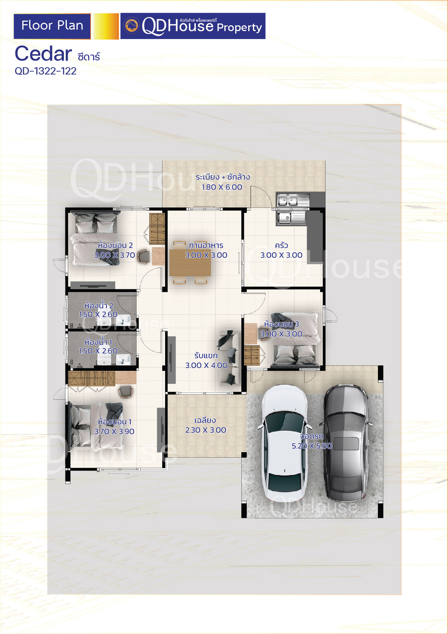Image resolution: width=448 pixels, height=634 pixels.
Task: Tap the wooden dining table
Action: point(190,262)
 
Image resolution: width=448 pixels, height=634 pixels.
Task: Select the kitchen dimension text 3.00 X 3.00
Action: point(281,255)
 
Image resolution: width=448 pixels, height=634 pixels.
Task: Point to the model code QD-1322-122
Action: point(46,71)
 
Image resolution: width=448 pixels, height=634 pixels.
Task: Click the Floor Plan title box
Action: point(52,26)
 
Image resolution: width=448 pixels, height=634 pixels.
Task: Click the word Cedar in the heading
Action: point(43,54)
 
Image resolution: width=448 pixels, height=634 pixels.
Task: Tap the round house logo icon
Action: point(131,26)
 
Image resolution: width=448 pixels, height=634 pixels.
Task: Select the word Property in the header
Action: point(239,27)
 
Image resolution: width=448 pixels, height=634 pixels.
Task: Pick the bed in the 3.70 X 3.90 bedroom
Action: point(96,426)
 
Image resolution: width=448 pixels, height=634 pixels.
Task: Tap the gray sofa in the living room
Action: point(229,357)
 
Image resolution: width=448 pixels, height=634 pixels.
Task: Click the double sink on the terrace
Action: point(293,200)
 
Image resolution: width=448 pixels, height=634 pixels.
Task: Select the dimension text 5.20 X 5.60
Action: point(312,446)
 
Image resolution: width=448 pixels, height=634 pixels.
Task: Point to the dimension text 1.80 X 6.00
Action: point(222,187)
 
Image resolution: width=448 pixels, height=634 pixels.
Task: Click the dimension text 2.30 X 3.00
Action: point(206,430)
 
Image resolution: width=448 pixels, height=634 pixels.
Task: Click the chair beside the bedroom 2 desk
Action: point(143,256)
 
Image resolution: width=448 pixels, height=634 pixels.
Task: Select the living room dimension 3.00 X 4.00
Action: point(206,365)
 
